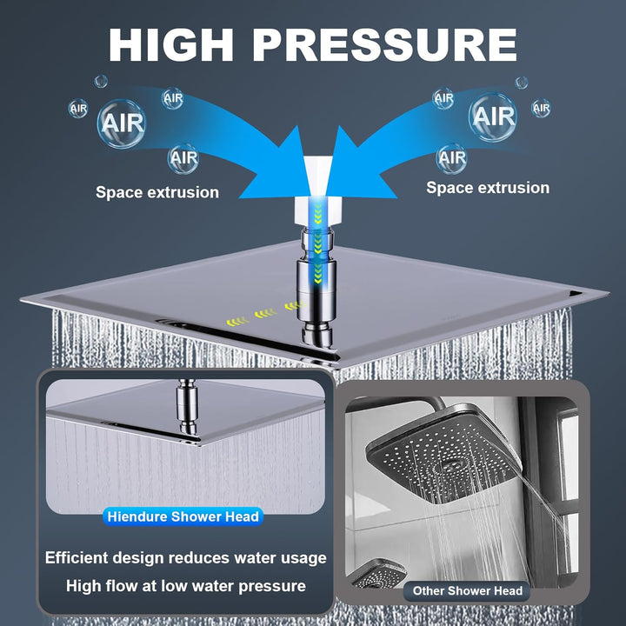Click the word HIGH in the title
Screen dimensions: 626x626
pos(171,44)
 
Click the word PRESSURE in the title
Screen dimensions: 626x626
pos(385,44)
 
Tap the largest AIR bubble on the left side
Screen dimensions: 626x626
pos(122,123)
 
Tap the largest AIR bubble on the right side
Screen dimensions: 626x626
pos(493,117)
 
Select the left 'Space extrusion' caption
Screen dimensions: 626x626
pos(157,192)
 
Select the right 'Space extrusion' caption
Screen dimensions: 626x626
pos(488,188)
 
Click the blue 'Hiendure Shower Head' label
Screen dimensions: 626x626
pos(183,516)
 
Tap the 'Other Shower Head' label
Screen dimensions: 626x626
pos(468,591)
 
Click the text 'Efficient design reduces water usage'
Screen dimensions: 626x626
pos(186,557)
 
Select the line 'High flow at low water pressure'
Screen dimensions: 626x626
pos(186,586)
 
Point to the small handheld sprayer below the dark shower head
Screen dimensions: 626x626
pos(377,574)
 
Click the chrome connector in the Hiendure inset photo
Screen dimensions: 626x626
pos(188,406)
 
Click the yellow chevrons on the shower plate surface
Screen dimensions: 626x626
pos(263,314)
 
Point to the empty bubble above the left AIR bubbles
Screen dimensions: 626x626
pos(101,82)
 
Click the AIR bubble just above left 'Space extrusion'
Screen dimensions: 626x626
pos(183,158)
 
